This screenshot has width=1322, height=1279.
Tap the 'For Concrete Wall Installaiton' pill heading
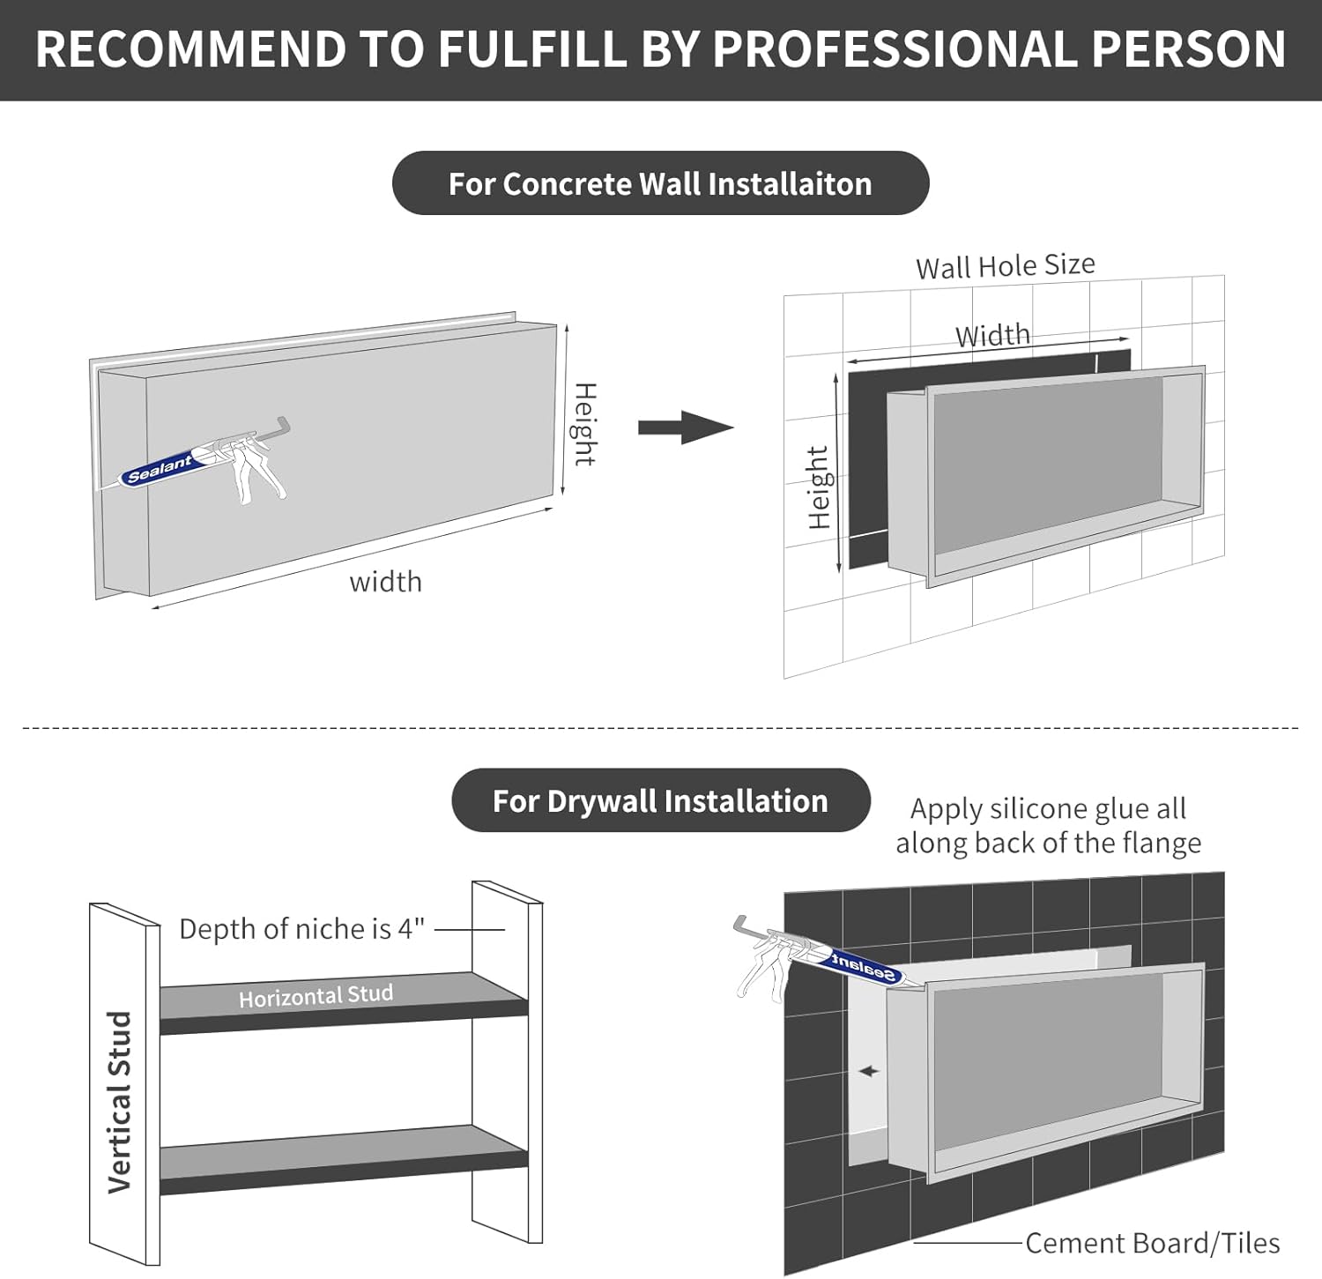(x=660, y=183)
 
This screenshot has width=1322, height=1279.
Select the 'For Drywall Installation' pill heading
(x=660, y=800)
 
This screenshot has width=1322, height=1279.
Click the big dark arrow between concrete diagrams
(x=686, y=428)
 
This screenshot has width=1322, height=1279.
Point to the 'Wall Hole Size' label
(x=1005, y=265)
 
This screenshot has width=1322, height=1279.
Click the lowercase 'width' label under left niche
(x=385, y=583)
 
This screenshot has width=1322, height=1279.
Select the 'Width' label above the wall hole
(x=992, y=336)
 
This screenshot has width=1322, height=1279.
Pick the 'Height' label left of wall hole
(x=819, y=487)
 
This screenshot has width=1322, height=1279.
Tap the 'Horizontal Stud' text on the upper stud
(x=316, y=996)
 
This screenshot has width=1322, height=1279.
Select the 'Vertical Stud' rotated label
(x=119, y=1102)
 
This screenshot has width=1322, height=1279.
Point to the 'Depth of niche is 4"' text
(x=301, y=929)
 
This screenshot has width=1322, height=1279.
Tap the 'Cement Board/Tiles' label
(x=1152, y=1243)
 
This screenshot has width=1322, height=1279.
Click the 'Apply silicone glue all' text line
(x=1047, y=808)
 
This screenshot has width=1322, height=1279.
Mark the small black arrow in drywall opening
(x=869, y=1071)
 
